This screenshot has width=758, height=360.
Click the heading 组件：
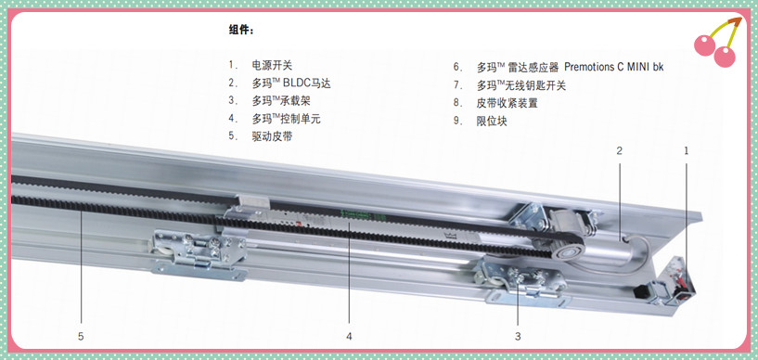tap(240, 30)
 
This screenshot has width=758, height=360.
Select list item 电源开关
tap(272, 65)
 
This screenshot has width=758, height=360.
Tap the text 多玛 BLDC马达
tap(291, 84)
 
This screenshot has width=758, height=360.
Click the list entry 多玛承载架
tap(281, 101)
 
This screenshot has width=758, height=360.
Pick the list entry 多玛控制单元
tap(286, 119)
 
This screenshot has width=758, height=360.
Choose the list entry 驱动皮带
tap(272, 136)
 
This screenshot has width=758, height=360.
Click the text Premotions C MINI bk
tap(614, 67)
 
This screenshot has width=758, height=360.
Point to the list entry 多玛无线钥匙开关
tap(521, 85)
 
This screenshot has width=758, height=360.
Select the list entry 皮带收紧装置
tap(507, 103)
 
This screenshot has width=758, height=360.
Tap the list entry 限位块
tap(492, 121)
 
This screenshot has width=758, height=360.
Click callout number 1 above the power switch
tap(686, 150)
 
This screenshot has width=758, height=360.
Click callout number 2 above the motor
tap(619, 150)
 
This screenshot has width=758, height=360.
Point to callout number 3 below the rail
tap(518, 336)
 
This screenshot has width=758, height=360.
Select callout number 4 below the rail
tap(349, 336)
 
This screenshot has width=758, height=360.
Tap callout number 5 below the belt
tap(81, 336)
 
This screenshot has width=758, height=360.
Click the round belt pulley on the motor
tap(569, 251)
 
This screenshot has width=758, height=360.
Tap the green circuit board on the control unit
tap(355, 213)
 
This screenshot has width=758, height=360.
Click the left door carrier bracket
tap(199, 253)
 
